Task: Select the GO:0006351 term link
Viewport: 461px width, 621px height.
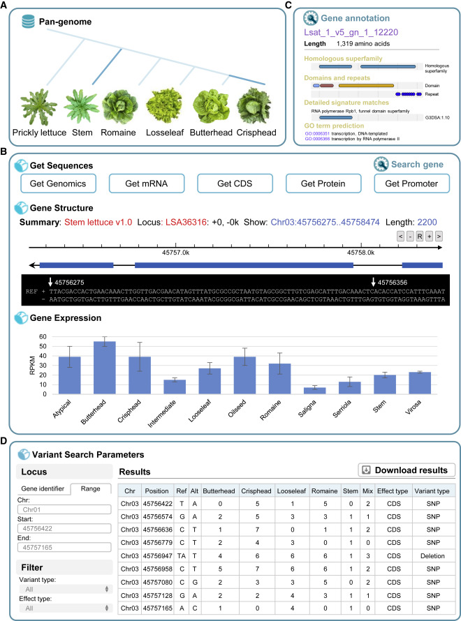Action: pos(323,133)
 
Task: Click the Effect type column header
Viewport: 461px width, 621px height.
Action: pos(393,491)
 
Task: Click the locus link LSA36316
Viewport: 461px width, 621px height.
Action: pos(205,222)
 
